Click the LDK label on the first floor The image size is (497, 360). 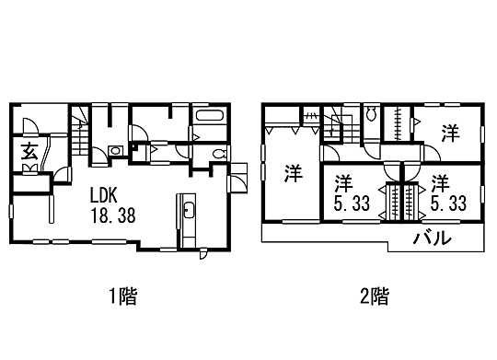[103, 195]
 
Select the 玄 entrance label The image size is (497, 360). [30, 151]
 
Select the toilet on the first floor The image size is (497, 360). [217, 154]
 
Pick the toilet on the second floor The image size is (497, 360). [370, 115]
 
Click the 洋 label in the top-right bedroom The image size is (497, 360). [449, 134]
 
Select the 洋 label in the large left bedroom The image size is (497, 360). [292, 171]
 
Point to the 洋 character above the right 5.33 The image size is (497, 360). [441, 181]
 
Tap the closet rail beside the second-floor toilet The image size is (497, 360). [396, 122]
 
